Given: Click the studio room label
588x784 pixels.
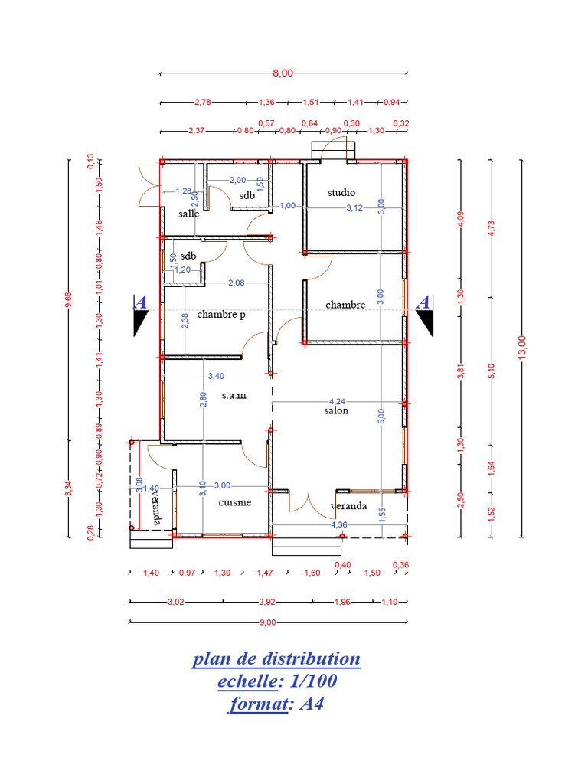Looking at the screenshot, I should click(341, 192).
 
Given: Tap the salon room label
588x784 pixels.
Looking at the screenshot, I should click(336, 410).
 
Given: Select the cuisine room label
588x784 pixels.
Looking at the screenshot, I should click(235, 503).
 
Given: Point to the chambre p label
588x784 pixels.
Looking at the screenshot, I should click(221, 314).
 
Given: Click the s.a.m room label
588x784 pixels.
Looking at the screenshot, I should click(234, 395).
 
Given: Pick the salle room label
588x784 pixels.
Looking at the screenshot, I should click(189, 214).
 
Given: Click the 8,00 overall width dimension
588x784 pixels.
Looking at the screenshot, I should click(283, 73).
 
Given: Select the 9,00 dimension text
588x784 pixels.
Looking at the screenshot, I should click(267, 622).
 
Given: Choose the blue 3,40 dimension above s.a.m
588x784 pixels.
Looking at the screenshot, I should click(217, 376).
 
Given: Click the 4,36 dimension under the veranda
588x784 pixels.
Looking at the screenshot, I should click(338, 525).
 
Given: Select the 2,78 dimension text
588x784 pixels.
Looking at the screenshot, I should click(203, 102).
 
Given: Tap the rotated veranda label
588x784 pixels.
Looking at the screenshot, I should click(156, 508).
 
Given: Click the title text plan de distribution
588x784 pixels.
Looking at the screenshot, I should click(276, 659).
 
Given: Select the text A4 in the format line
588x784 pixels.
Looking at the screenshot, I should click(310, 704).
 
